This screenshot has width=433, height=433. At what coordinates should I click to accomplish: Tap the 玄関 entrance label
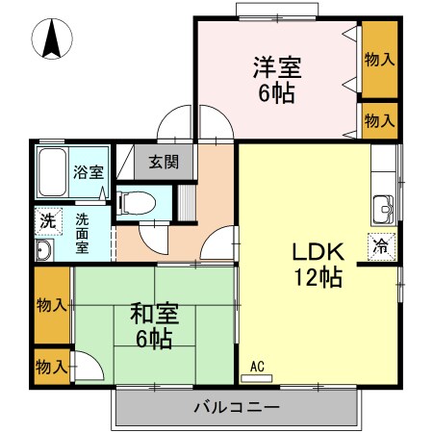(x=164, y=162)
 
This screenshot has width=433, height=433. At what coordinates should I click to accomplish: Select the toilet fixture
(x=134, y=201)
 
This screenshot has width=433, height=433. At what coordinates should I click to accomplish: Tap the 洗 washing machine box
(x=47, y=220)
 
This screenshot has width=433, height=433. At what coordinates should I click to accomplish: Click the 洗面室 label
(x=82, y=231)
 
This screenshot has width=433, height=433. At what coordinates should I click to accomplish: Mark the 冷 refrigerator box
(x=380, y=245)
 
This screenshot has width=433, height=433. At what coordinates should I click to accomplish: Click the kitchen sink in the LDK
(x=383, y=206)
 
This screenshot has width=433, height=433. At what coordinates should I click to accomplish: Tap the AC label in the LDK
(x=257, y=367)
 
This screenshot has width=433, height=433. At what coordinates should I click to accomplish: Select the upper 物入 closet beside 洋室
(x=379, y=59)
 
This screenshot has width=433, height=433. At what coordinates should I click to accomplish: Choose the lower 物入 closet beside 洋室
(x=379, y=120)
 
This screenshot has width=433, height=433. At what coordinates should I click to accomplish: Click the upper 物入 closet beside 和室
(x=52, y=306)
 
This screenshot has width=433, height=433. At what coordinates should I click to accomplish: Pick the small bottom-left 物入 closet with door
(x=52, y=367)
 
